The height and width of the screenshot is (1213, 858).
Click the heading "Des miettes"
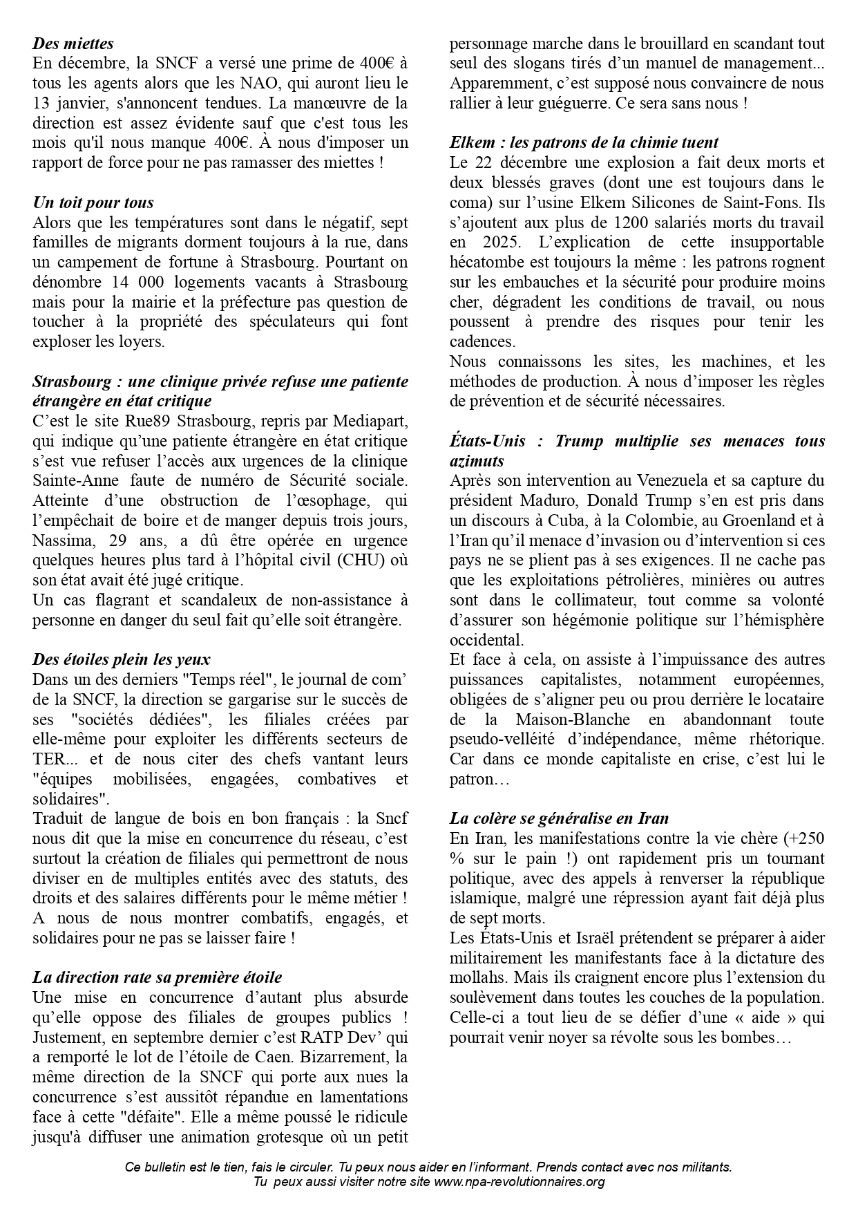point(73,43)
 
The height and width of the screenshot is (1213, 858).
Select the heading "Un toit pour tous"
point(93,203)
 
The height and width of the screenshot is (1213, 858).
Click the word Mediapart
point(374,421)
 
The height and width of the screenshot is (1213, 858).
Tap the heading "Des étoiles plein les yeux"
point(122,659)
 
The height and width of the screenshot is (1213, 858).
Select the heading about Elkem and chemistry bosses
point(584,142)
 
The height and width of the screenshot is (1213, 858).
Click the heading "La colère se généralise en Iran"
point(559,818)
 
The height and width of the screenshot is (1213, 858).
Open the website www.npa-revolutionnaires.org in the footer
point(519,1181)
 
